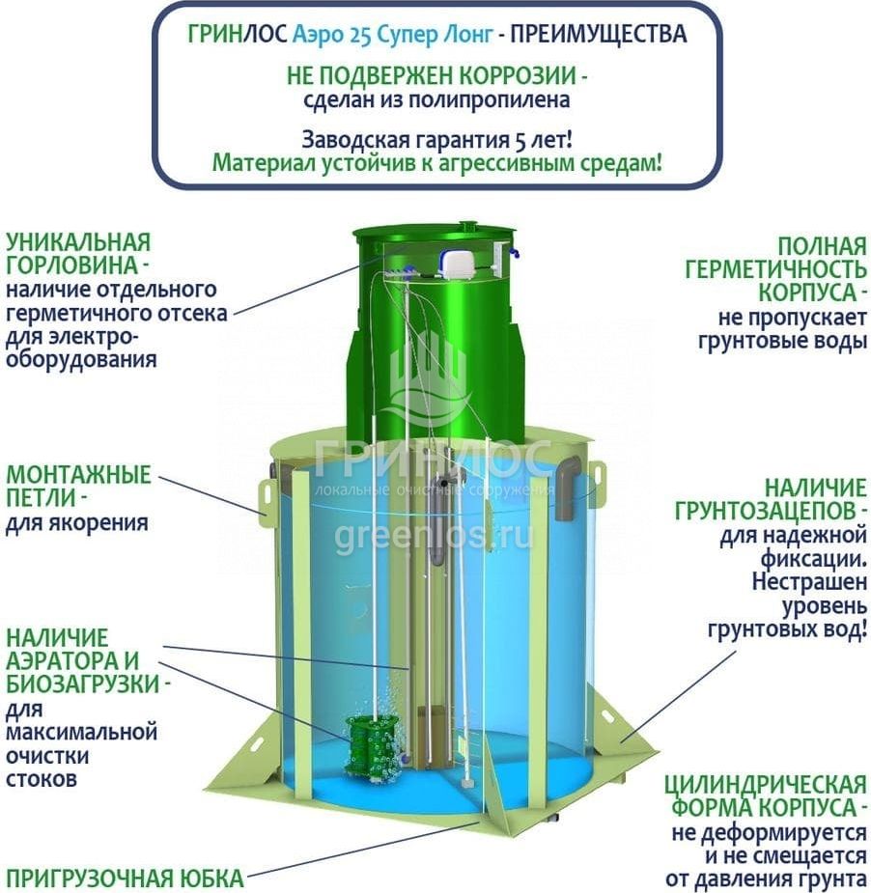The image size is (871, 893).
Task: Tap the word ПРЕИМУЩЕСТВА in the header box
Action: coord(598,35)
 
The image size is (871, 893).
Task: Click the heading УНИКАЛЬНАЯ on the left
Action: coord(77,241)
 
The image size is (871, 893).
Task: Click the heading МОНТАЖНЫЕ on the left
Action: coord(77,475)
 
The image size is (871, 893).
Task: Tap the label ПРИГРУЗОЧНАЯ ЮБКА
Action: coord(125,878)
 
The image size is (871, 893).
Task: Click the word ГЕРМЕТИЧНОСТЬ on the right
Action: coord(776,269)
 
